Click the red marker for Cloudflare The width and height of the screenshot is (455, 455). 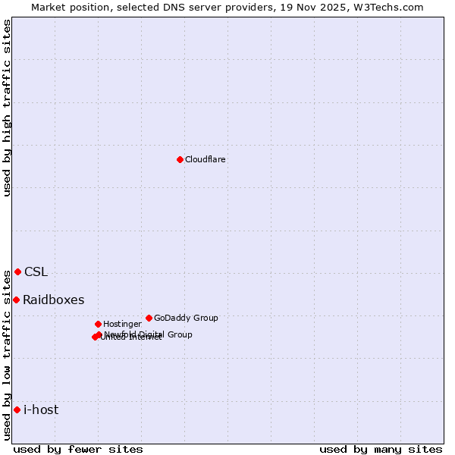(180, 159)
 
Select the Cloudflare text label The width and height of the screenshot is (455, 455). (205, 159)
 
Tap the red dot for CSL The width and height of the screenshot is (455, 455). (17, 271)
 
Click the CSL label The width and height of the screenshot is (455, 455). (36, 272)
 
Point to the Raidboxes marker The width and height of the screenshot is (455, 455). (16, 300)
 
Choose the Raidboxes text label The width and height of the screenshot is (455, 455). (53, 300)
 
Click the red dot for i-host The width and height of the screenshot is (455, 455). (17, 409)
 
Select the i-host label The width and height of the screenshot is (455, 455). (41, 410)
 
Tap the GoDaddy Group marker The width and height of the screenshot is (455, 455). (149, 318)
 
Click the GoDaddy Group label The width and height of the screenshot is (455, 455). (186, 318)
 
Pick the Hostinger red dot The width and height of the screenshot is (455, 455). (98, 324)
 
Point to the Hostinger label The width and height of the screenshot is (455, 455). (122, 324)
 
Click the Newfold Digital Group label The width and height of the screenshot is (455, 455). (149, 334)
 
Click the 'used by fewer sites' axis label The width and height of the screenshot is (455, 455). (78, 449)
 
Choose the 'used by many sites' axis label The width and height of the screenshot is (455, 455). (381, 449)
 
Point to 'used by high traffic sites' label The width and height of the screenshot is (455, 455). (7, 108)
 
